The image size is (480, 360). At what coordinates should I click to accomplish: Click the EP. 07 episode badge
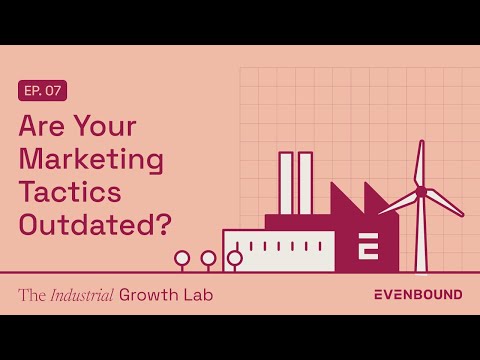coord(43,91)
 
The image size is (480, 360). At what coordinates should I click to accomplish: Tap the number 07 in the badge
coord(54,91)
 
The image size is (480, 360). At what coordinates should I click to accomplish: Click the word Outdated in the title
coord(85,224)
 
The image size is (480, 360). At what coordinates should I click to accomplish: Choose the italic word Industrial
coord(79,295)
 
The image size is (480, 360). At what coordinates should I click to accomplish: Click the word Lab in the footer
coord(197,295)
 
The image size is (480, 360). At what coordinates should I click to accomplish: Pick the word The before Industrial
coord(31,295)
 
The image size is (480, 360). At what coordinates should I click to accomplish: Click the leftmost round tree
coord(182,258)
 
